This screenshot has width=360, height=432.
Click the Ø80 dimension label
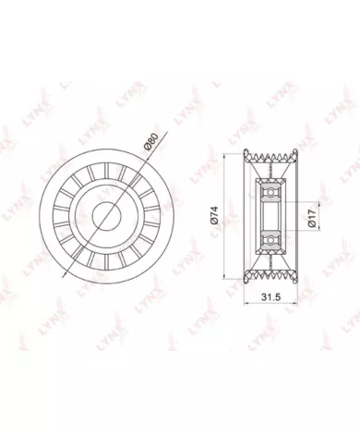pos(151,142)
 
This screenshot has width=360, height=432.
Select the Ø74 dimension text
pos(214,214)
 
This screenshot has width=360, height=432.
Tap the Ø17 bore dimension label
pos(313,218)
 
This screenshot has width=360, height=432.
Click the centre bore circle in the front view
pos(106,216)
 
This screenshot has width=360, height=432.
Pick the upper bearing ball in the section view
pos(270,192)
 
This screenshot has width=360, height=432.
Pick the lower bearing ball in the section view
pos(270,239)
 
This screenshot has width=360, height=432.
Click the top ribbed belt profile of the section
pos(270,157)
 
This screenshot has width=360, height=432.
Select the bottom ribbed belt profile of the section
pos(270,275)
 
